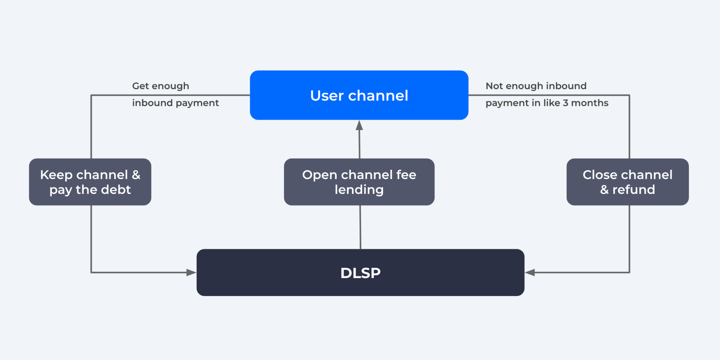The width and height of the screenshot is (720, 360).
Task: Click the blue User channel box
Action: click(359, 95)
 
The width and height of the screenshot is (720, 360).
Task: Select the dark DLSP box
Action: click(360, 273)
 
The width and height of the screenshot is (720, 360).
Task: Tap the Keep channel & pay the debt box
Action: click(90, 182)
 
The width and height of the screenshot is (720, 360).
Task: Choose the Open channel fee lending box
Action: click(359, 182)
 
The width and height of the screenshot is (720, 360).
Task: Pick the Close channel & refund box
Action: click(627, 182)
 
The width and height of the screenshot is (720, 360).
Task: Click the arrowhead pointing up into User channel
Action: click(360, 125)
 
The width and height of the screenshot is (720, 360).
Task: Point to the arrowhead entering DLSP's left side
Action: click(191, 273)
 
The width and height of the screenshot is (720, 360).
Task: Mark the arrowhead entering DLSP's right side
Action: click(530, 273)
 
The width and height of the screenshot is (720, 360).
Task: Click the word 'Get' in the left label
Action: click(140, 86)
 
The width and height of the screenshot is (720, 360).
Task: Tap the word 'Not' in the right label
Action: click(494, 86)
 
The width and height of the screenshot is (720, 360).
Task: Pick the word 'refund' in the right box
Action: click(634, 189)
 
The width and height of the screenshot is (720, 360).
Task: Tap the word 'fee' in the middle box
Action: click(406, 175)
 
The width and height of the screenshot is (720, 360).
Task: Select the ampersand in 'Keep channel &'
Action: click(136, 175)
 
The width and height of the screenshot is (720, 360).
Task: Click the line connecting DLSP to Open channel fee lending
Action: click(360, 227)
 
